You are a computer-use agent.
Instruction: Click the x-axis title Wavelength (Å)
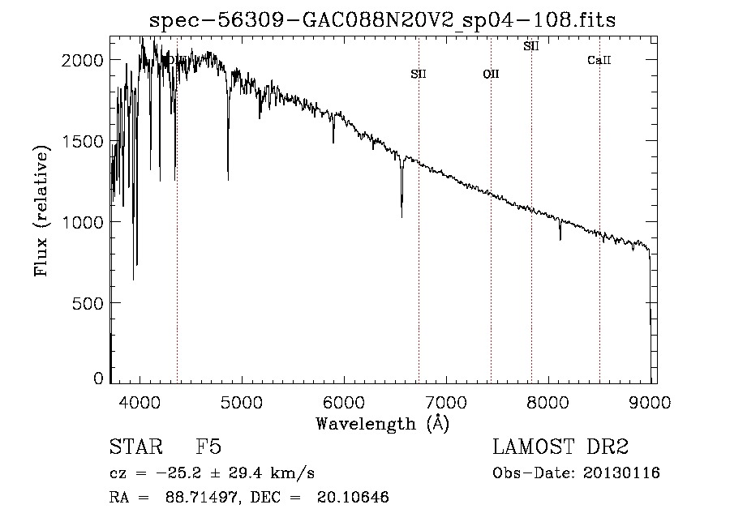click(x=382, y=423)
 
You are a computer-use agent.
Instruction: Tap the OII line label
click(x=491, y=75)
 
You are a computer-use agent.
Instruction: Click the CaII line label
click(x=599, y=61)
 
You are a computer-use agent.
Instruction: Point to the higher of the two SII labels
click(x=531, y=46)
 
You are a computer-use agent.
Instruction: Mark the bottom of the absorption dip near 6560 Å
click(x=401, y=216)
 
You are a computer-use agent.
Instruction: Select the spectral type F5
click(x=208, y=447)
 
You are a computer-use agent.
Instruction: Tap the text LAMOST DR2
click(x=560, y=447)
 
